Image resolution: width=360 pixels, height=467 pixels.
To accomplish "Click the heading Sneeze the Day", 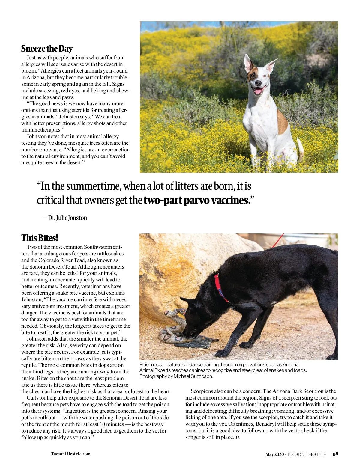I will click(47, 49).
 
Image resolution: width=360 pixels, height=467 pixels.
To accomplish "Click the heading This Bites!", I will click(40, 238).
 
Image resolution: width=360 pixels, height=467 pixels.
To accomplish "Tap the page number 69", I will click(335, 454).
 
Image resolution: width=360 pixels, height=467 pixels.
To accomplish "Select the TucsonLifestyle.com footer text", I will click(71, 454).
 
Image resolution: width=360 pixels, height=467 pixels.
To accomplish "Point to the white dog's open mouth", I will click(258, 90).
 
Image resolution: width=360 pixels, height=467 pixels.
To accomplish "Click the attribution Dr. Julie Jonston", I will click(67, 218).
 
